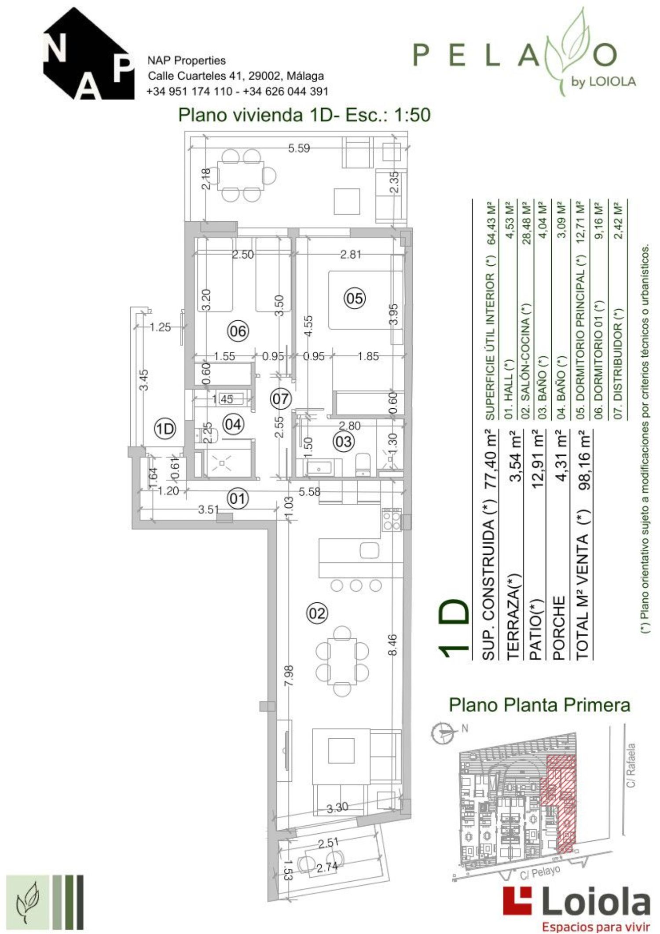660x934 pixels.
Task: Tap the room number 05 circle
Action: (354, 298)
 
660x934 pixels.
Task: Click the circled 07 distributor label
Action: (281, 399)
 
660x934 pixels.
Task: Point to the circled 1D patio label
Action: (166, 429)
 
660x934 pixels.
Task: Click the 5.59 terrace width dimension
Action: (299, 148)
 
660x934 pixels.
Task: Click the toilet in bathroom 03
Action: (363, 465)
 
